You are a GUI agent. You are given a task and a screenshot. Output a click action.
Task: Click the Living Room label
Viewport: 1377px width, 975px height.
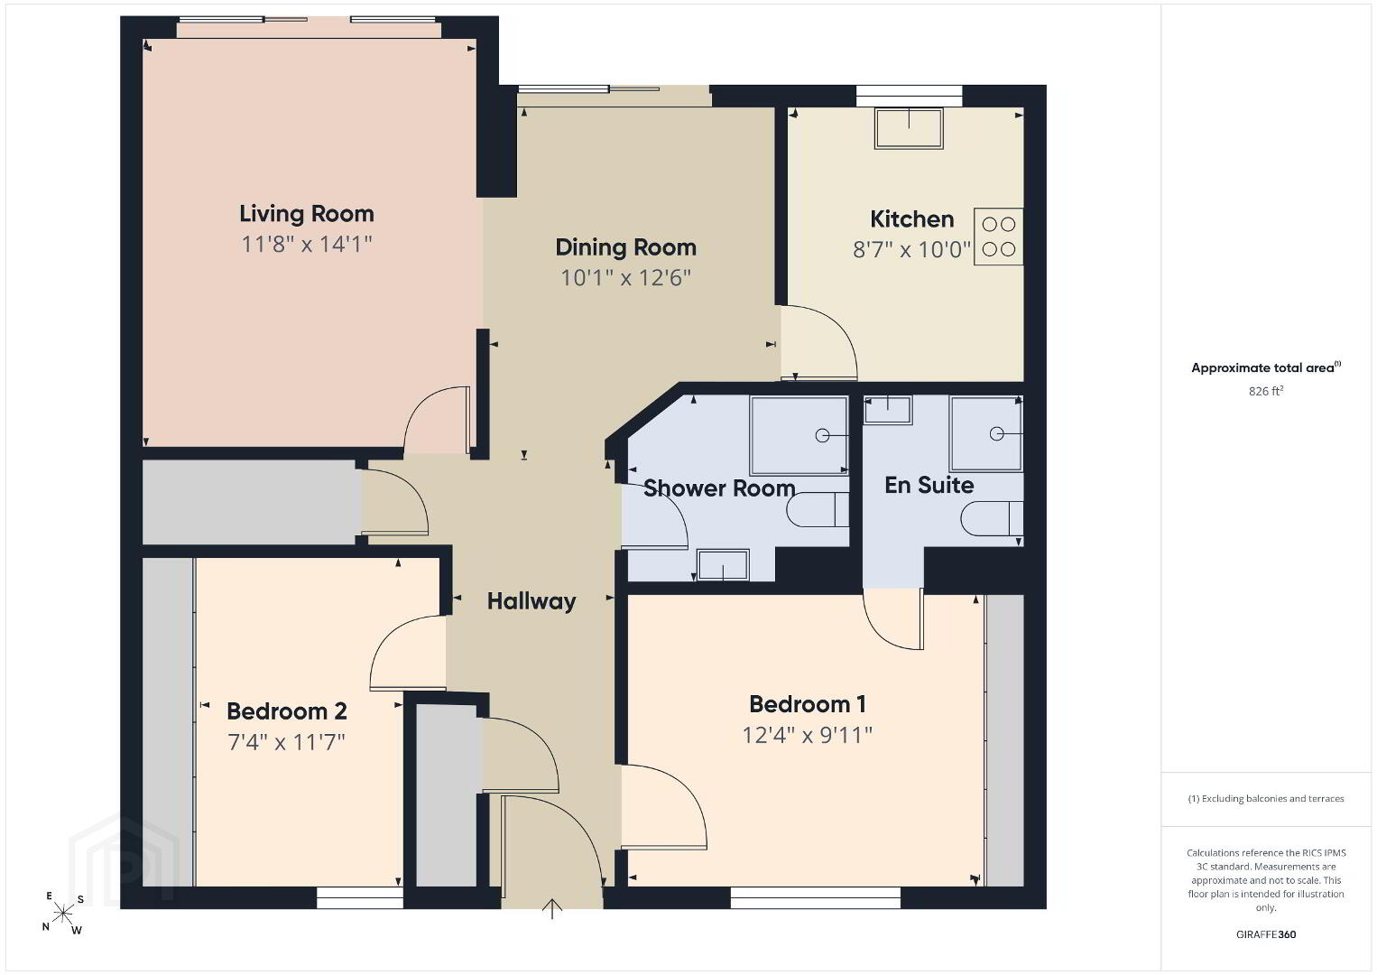307,213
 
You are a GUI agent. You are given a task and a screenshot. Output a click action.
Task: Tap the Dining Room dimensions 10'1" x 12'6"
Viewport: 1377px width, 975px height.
626,278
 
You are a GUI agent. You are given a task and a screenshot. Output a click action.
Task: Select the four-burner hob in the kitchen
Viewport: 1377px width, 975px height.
998,237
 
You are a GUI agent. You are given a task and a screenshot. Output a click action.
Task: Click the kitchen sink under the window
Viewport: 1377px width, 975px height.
909,128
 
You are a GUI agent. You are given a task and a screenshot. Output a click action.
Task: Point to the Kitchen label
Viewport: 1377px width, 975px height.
911,219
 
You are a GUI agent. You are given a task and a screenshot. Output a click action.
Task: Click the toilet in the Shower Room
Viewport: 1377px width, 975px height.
818,510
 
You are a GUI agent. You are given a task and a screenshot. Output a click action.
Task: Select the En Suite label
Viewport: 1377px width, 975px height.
929,486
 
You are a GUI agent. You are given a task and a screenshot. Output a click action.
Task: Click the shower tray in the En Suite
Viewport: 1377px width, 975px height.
986,433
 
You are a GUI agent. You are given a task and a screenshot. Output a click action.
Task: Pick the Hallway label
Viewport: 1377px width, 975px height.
531,601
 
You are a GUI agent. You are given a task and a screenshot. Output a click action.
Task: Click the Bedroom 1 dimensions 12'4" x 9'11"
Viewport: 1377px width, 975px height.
807,735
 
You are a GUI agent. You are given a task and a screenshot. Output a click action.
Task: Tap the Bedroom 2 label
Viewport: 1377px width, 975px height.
286,711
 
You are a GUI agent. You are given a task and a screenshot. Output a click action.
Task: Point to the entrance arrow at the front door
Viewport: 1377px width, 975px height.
552,908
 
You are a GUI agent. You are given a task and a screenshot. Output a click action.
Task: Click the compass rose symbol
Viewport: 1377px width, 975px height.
62,913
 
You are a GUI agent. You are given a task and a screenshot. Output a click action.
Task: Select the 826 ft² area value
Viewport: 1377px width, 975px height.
1266,391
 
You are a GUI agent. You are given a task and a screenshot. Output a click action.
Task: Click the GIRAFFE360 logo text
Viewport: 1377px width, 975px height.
1266,934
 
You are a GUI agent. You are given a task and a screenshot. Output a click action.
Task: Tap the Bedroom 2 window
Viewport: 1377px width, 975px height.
360,898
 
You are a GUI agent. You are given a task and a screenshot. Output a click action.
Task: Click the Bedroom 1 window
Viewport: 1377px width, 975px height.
815,898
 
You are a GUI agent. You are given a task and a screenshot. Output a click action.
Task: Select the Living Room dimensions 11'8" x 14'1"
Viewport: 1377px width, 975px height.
307,245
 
